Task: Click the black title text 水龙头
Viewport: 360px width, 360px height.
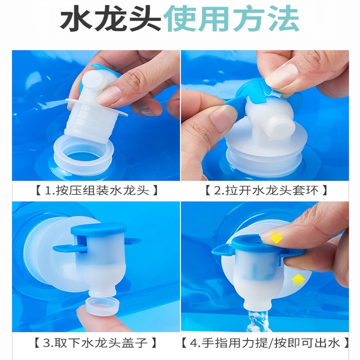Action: tap(110, 19)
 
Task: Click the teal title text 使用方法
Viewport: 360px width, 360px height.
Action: tap(231, 19)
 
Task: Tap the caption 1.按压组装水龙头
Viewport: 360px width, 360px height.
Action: tap(97, 191)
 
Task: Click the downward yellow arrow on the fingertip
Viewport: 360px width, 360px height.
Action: tap(276, 237)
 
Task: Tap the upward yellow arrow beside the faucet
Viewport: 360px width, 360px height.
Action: tap(298, 279)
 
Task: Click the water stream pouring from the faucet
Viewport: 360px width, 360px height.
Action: tap(259, 321)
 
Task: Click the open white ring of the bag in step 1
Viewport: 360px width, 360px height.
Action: tap(83, 158)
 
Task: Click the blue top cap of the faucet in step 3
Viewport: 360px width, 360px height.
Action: tap(99, 229)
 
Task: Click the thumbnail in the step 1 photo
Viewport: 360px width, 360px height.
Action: tap(108, 96)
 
